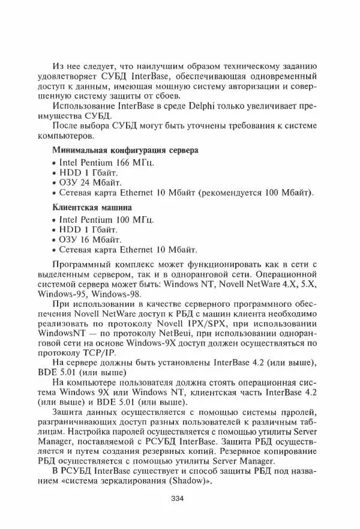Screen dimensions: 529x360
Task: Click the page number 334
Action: (x=176, y=498)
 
